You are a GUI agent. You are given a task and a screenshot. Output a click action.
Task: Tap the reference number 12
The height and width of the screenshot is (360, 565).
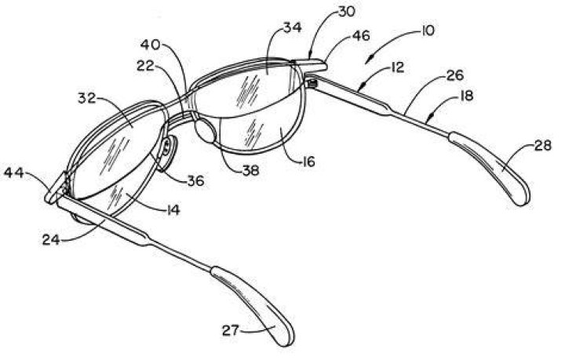(x=396, y=67)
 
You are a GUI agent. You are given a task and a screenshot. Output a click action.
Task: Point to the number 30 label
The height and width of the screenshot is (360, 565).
(x=346, y=12)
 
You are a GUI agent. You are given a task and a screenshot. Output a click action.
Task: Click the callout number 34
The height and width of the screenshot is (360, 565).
(x=293, y=27)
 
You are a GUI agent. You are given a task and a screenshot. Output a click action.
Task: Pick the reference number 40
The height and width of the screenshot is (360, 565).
(x=150, y=45)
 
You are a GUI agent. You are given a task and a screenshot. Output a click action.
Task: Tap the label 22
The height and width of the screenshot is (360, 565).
(x=145, y=66)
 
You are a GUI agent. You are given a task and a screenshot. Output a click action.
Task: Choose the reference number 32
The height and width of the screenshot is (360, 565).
(x=87, y=98)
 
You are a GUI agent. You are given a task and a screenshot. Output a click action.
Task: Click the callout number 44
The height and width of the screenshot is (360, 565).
(x=13, y=173)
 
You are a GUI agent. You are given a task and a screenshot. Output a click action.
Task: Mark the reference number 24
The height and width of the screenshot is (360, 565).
(x=51, y=239)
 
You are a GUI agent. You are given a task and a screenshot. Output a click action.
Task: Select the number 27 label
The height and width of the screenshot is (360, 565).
(x=231, y=330)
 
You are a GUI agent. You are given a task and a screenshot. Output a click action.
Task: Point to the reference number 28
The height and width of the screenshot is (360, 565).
(x=543, y=145)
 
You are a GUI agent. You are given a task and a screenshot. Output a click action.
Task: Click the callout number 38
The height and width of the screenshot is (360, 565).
(x=251, y=170)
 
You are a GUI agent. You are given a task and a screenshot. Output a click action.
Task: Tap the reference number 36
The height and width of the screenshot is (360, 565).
(x=195, y=180)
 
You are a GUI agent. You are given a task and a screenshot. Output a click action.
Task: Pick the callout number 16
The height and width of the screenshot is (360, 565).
(x=308, y=162)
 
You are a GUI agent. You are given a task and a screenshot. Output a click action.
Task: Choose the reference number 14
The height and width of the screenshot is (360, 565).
(x=172, y=209)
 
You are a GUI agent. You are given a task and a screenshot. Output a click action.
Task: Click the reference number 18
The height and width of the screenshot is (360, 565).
(x=466, y=96)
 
